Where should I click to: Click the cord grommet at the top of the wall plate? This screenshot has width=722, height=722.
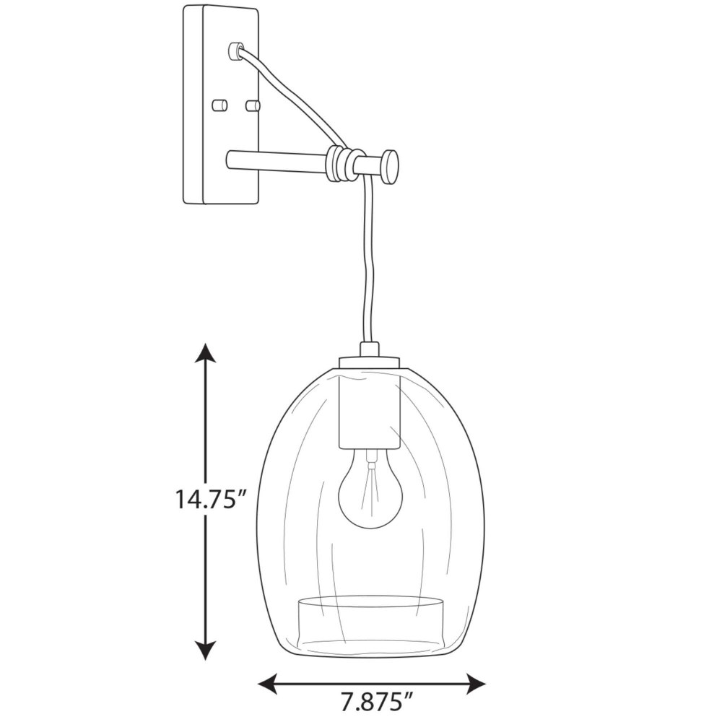(x=235, y=51)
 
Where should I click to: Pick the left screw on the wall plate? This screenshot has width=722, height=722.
(x=219, y=105)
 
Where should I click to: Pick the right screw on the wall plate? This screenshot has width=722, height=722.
(x=252, y=105)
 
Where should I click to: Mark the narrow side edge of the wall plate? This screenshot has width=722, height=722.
(x=193, y=105)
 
